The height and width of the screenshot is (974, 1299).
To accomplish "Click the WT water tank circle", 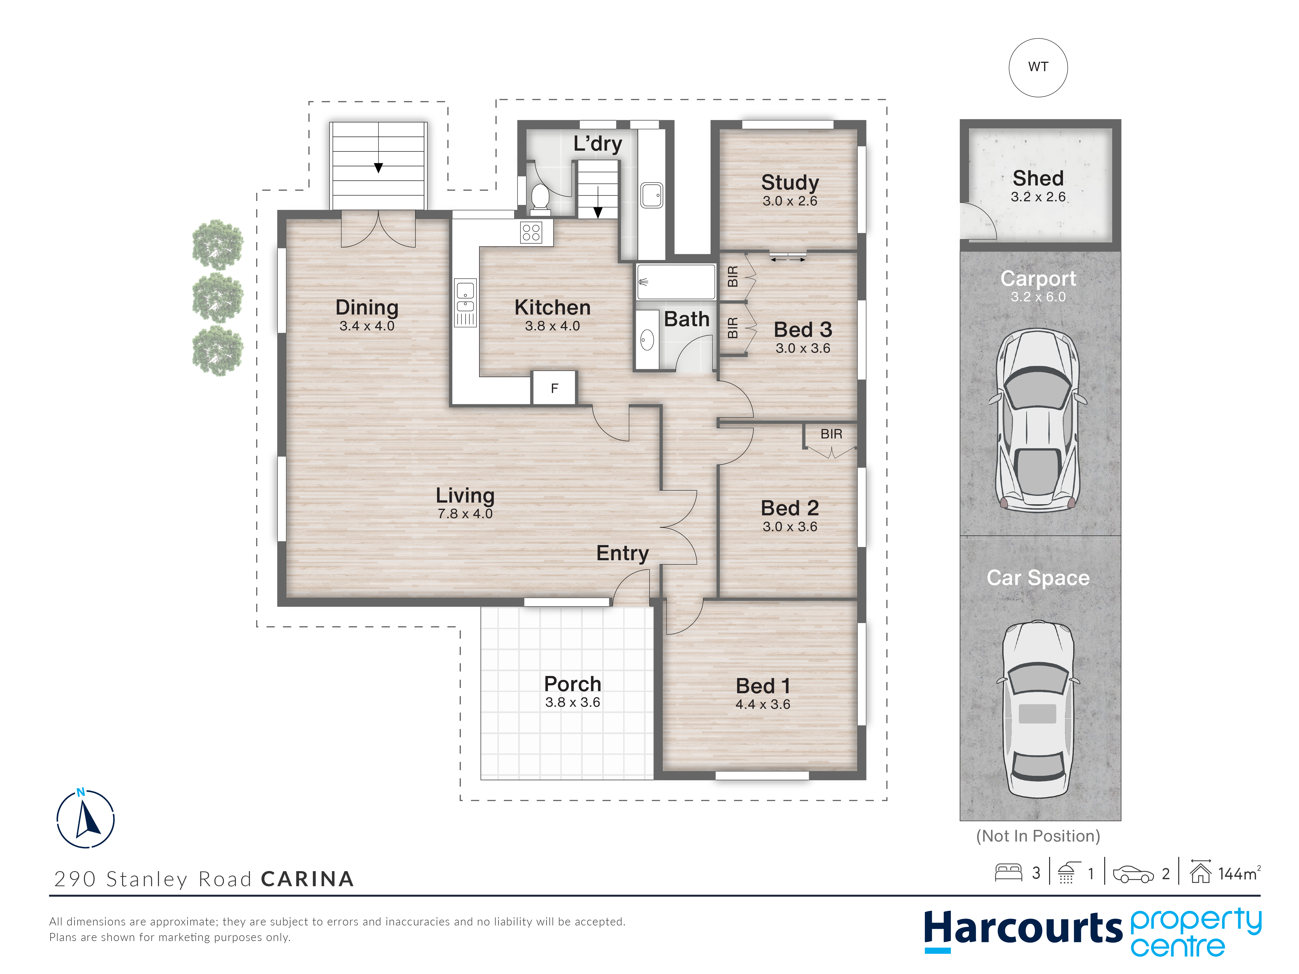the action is pyautogui.click(x=1038, y=68).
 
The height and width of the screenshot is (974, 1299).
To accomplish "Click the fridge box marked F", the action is pyautogui.click(x=554, y=388).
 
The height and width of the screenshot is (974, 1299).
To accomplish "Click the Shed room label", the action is pyautogui.click(x=1038, y=178).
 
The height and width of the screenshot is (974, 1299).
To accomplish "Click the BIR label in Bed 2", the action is pyautogui.click(x=831, y=434).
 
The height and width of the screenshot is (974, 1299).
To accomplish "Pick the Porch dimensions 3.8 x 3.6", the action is pyautogui.click(x=573, y=702).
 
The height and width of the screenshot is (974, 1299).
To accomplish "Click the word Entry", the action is pyautogui.click(x=622, y=553).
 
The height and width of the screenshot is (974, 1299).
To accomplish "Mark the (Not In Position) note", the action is pyautogui.click(x=1038, y=836).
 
